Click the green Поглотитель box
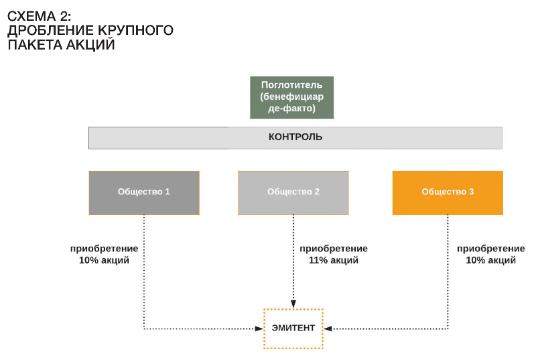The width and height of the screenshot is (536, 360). click(291, 97)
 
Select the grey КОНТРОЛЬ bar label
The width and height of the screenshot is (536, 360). click(295, 137)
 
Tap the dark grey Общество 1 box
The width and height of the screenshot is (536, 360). click(144, 193)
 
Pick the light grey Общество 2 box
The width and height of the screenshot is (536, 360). click(293, 193)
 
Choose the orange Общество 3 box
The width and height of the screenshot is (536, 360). click(448, 193)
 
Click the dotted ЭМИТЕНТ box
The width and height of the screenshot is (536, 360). click(293, 328)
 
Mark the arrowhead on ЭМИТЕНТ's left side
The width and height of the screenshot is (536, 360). click(259, 329)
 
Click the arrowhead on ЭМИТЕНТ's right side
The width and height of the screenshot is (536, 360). click(328, 329)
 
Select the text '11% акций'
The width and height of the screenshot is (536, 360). click(334, 260)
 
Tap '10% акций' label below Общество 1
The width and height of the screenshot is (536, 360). click(105, 260)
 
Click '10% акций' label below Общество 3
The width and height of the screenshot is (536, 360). click(491, 260)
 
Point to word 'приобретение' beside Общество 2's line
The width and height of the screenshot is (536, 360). click(334, 249)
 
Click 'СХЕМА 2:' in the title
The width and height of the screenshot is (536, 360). click(40, 16)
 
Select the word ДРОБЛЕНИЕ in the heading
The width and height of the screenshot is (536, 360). click(51, 30)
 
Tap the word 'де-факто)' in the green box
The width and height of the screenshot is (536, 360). click(291, 109)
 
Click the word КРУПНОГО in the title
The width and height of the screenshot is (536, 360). click(136, 30)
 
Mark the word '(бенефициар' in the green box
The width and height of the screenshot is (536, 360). click(291, 97)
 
